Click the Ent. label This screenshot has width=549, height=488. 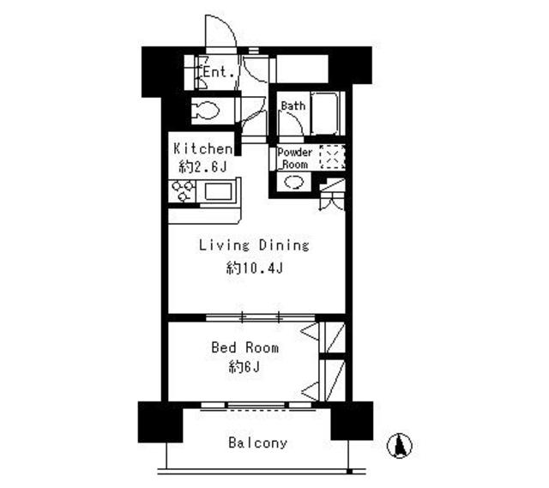tap(219, 73)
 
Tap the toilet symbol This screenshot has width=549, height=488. tap(207, 111)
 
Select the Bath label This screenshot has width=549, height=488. tap(293, 105)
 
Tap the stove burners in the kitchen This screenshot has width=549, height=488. tap(182, 191)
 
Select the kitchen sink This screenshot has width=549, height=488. tap(218, 191)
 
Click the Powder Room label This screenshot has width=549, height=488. tap(293, 158)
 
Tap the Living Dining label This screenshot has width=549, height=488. tap(253, 245)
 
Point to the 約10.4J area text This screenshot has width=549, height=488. tap(255, 268)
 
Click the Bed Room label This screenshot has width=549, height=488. tap(244, 348)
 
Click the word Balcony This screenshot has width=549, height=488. tap(257, 443)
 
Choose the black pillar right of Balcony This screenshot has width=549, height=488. tap(352, 420)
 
